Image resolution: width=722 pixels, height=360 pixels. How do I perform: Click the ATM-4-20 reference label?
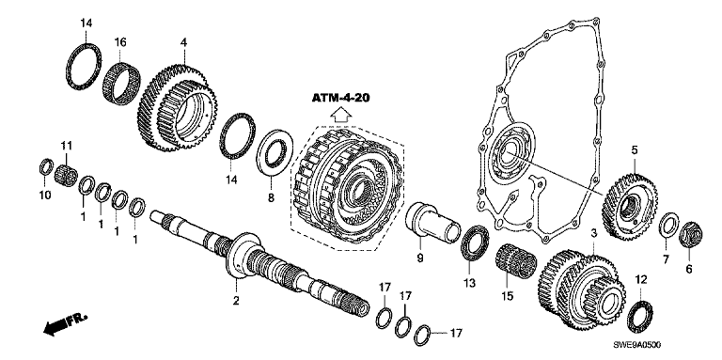pos(341,98)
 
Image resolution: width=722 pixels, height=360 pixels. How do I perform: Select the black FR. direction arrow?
pos(55,327)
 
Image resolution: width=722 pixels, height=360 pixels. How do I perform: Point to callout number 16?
pos(120,43)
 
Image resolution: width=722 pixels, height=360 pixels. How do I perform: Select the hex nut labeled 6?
pos(691,233)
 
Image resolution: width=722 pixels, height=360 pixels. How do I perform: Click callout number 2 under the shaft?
pos(236,301)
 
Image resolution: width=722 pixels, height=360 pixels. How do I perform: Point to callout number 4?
pos(183,43)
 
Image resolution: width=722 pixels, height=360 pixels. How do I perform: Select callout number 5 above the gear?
pos(634,150)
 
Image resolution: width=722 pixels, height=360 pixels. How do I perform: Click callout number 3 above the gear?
pos(594,234)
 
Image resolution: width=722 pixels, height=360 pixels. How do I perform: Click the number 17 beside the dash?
pos(454,333)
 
